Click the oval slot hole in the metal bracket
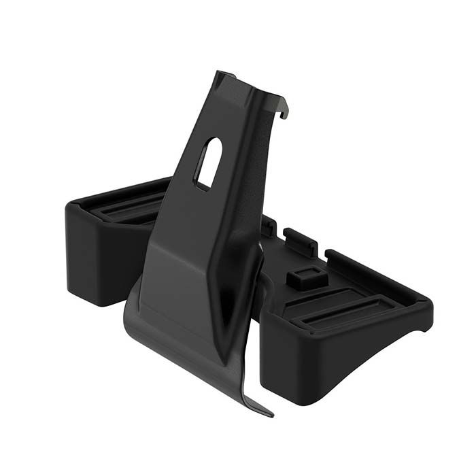[207, 163]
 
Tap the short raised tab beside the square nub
[299, 241]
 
